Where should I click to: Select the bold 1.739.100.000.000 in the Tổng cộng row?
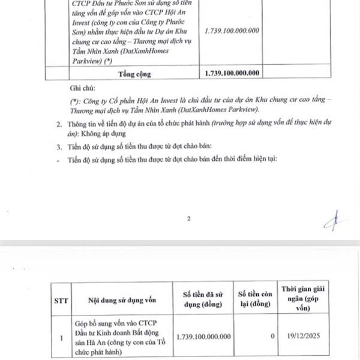click(232, 74)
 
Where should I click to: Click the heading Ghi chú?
click(83, 88)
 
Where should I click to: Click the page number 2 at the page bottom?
click(188, 218)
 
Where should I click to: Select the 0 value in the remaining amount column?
click(272, 336)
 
